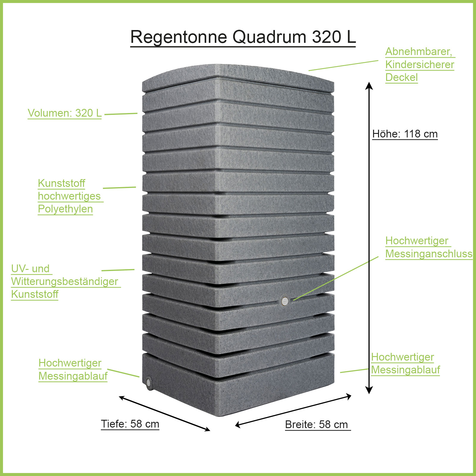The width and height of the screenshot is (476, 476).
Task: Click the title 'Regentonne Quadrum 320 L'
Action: click(243, 37)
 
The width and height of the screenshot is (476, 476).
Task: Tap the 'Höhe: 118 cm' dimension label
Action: click(405, 134)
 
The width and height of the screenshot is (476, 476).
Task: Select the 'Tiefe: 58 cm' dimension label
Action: click(130, 424)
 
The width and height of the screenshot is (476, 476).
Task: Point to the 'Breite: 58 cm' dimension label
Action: click(317, 424)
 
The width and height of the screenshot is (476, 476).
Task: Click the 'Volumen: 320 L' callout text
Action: click(65, 113)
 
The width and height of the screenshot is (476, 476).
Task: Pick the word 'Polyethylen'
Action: click(65, 209)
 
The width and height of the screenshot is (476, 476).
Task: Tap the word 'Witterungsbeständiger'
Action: click(65, 281)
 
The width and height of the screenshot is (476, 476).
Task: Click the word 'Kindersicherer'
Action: click(419, 65)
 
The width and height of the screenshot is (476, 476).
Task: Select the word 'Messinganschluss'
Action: click(429, 254)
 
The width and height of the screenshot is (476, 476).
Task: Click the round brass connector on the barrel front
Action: click(285, 301)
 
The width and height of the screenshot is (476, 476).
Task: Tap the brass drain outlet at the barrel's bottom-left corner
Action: click(148, 382)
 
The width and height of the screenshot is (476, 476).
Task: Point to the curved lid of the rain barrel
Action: click(238, 74)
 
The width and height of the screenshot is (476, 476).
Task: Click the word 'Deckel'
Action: click(401, 77)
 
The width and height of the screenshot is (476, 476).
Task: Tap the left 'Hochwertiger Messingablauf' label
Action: click(73, 369)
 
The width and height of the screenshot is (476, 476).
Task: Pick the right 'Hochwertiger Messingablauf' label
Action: click(405, 363)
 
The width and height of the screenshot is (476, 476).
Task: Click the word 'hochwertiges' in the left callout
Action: click(69, 196)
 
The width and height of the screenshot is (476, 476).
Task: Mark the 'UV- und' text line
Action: click(30, 268)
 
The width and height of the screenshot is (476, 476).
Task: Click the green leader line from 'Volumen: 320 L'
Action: click(121, 114)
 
